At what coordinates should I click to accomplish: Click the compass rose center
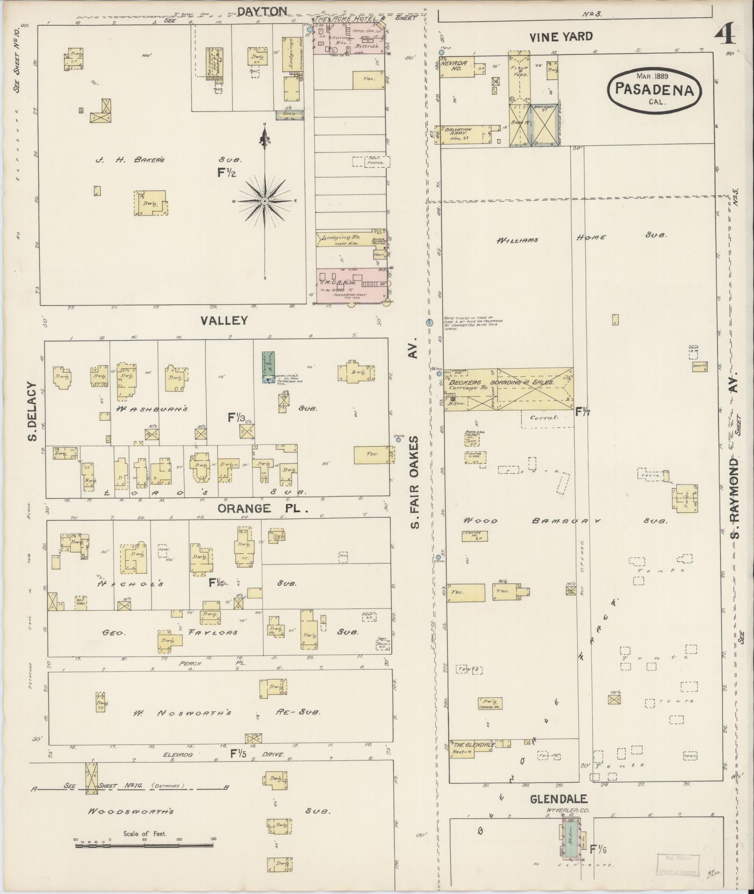click(264, 201)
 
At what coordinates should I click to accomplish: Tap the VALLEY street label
click(224, 321)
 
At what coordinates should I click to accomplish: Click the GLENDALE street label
click(559, 800)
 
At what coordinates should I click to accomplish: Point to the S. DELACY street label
click(32, 411)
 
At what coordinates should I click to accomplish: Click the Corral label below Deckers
click(545, 417)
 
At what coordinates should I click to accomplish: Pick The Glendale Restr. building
click(471, 748)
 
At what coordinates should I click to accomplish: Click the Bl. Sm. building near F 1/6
click(571, 840)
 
